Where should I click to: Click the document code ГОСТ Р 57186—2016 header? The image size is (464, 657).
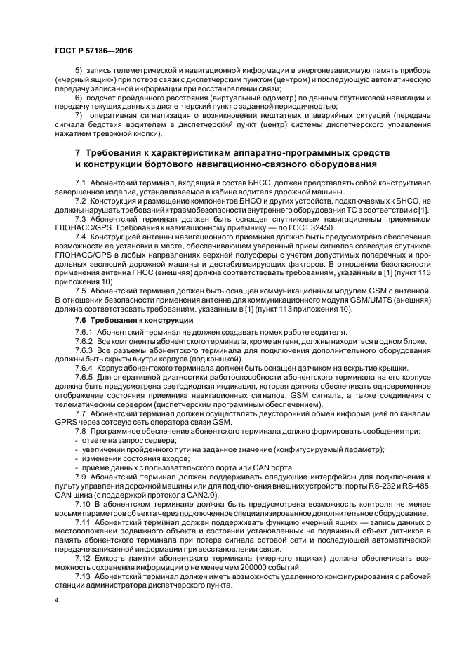coord(93,51)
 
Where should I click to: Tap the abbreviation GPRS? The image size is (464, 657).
coord(68,420)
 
